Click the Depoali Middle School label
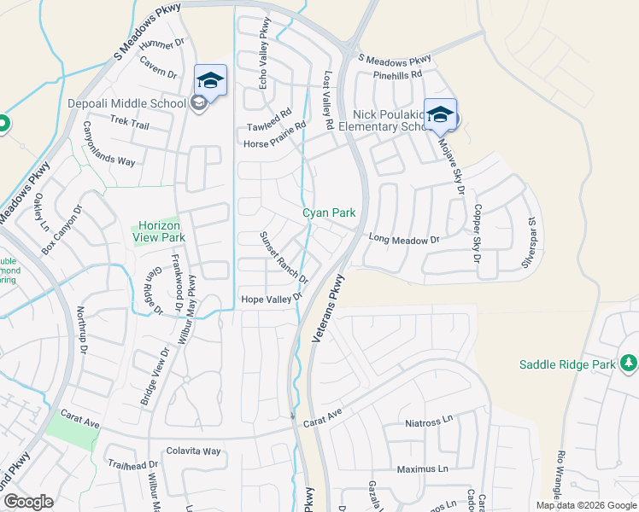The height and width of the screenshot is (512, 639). pyautogui.click(x=126, y=104)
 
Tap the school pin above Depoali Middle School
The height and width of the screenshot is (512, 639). pyautogui.click(x=210, y=82)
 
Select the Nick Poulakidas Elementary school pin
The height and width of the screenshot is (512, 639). pyautogui.click(x=440, y=115)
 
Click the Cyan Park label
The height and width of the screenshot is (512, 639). pyautogui.click(x=329, y=213)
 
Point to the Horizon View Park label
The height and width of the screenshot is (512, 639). pyautogui.click(x=160, y=230)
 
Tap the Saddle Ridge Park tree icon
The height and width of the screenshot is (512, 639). pyautogui.click(x=629, y=364)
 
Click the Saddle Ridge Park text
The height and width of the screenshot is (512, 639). pyautogui.click(x=567, y=365)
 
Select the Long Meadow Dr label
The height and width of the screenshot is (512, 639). pyautogui.click(x=403, y=241)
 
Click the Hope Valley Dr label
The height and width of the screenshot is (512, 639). pyautogui.click(x=272, y=299)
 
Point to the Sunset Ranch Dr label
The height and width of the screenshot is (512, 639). pyautogui.click(x=284, y=257)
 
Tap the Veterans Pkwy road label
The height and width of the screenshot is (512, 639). pyautogui.click(x=330, y=309)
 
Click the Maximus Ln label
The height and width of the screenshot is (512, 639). pyautogui.click(x=422, y=469)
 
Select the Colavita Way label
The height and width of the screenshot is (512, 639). pyautogui.click(x=194, y=451)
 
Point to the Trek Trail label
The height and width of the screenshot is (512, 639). pyautogui.click(x=130, y=123)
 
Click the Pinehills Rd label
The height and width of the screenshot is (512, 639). pyautogui.click(x=397, y=75)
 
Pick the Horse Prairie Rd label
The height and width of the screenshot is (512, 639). pyautogui.click(x=275, y=137)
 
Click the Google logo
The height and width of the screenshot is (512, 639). pyautogui.click(x=28, y=502)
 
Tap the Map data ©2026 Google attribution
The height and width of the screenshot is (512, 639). pyautogui.click(x=585, y=505)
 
